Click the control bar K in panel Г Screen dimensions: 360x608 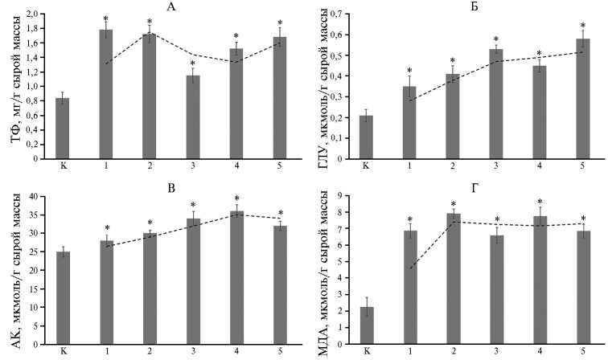point(367,325)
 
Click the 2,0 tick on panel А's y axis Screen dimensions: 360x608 point(34,14)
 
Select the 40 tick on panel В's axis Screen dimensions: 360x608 point(35,196)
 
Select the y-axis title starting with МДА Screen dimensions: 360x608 point(319,273)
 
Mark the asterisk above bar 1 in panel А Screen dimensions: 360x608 point(105,18)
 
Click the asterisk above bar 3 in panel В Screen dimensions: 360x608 point(193,205)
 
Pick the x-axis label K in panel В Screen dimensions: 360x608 point(62,351)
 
